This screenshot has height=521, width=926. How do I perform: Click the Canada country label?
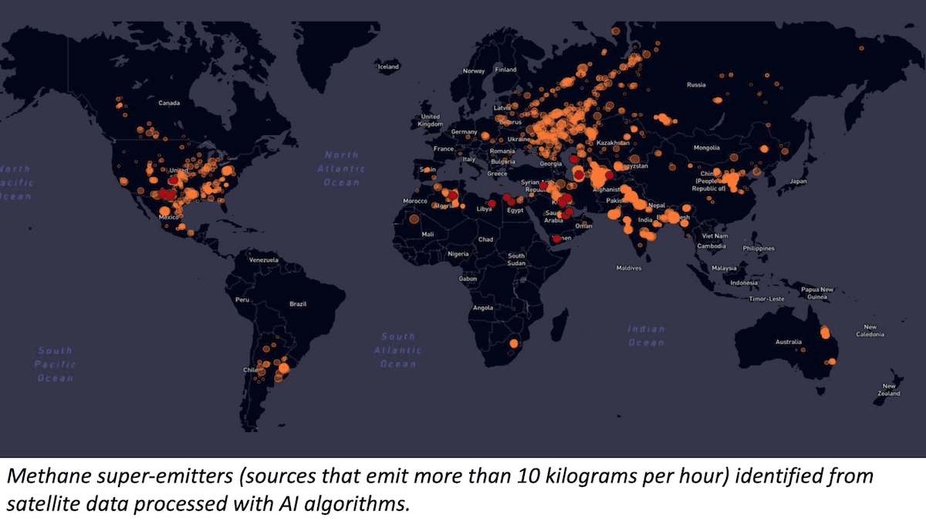tap(169, 102)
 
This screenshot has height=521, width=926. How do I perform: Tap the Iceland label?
tap(387, 67)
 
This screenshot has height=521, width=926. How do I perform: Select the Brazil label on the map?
tap(298, 304)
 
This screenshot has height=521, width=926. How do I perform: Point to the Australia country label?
tap(788, 342)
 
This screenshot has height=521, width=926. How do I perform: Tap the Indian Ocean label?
tap(646, 335)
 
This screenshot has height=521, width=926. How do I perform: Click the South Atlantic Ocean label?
tap(398, 350)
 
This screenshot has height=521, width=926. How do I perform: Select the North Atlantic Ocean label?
tap(342, 168)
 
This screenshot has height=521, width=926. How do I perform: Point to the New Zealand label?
tap(891, 390)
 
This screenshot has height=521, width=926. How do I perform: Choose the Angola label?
tap(482, 307)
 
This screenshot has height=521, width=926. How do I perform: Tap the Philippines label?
tap(759, 249)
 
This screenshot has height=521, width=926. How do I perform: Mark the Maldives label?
tap(629, 268)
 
